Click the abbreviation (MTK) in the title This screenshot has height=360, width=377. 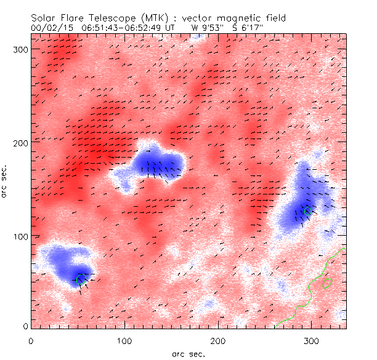[153, 18]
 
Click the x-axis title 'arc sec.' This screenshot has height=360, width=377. [188, 353]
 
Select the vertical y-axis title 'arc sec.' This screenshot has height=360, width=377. [7, 182]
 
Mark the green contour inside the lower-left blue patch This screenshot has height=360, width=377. [79, 279]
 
